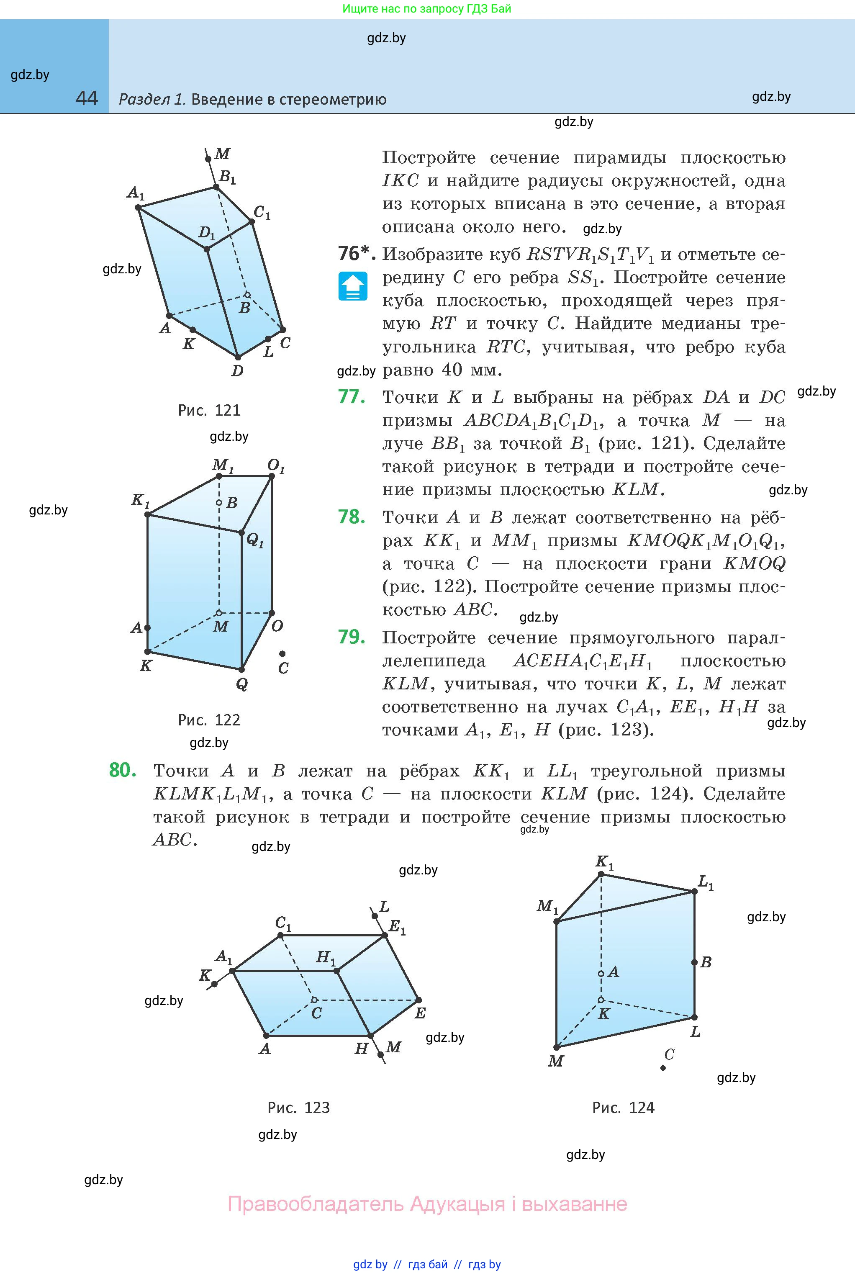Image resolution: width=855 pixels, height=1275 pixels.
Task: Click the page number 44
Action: click(x=87, y=98)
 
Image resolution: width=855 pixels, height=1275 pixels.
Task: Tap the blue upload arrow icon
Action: click(x=353, y=286)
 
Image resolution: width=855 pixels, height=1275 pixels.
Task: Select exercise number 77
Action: click(x=352, y=396)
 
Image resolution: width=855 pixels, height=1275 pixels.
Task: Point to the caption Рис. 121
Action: click(x=209, y=410)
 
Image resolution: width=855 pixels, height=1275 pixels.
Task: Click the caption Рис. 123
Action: click(x=298, y=1108)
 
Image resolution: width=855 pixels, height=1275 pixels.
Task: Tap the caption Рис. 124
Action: click(x=623, y=1108)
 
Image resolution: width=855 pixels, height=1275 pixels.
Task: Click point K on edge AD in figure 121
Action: click(x=193, y=330)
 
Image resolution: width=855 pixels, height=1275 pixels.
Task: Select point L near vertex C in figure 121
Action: click(x=267, y=339)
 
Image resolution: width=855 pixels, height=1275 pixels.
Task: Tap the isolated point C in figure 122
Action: click(x=282, y=653)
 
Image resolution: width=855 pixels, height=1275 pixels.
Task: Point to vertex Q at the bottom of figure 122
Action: click(x=241, y=670)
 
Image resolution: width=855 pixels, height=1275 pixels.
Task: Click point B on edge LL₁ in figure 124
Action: click(x=695, y=962)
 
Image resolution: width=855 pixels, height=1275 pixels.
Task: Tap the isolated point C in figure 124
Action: click(x=663, y=1068)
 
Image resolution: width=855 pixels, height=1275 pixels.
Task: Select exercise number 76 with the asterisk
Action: click(x=356, y=254)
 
